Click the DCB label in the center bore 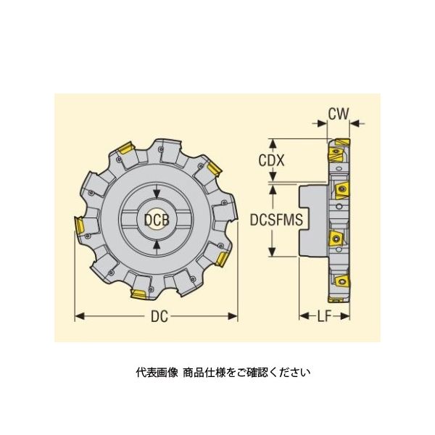click(157, 220)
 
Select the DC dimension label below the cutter click(159, 316)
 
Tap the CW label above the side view click(338, 114)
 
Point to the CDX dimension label click(271, 160)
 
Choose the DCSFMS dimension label click(276, 220)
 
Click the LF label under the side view click(325, 316)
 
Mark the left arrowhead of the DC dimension click(80, 316)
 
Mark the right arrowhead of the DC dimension click(233, 316)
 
